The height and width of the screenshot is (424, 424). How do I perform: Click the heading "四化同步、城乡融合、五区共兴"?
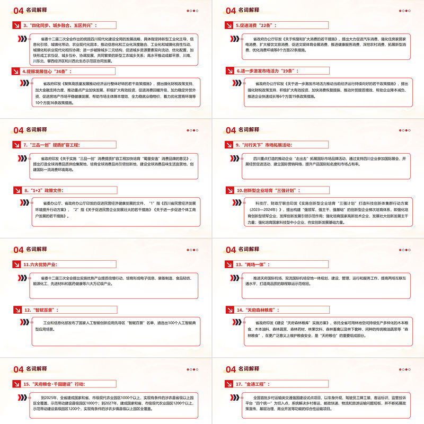64,24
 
